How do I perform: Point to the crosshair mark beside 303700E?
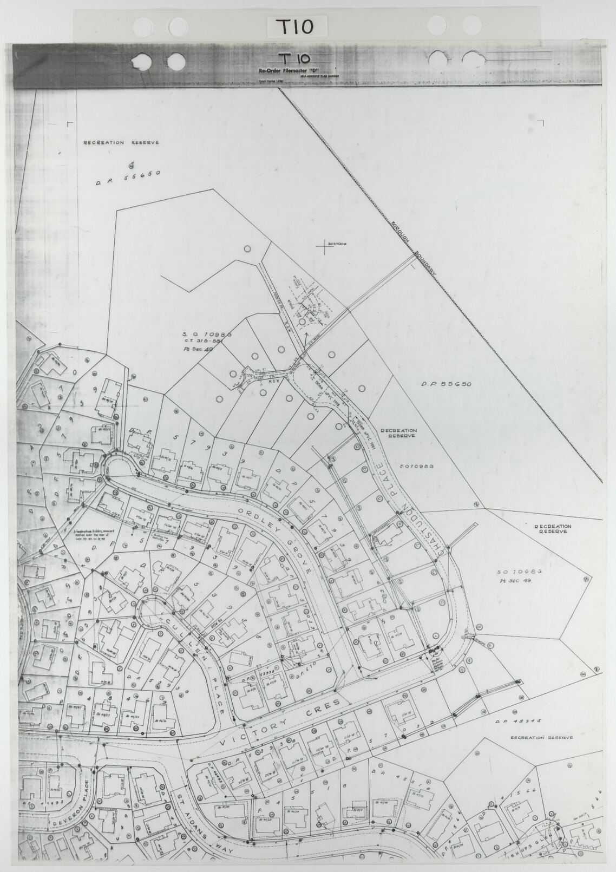pos(324,247)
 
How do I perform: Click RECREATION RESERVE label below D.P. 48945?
pos(541,737)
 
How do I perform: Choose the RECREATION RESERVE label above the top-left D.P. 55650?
pos(121,143)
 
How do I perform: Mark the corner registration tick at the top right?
pos(541,122)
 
